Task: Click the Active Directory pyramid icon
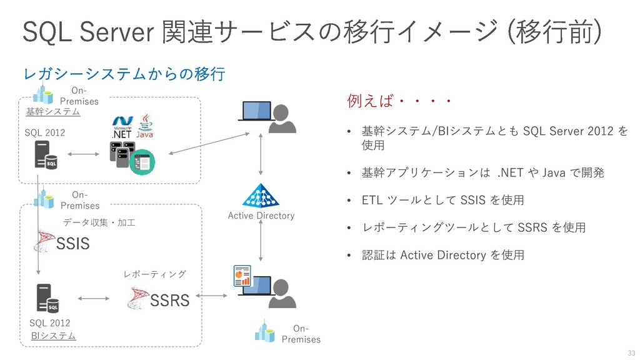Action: [x=261, y=196]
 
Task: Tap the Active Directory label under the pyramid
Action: [x=261, y=216]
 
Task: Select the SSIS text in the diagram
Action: [x=72, y=243]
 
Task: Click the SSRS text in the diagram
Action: [x=170, y=301]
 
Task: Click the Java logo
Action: [x=145, y=126]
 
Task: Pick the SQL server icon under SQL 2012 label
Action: [x=46, y=155]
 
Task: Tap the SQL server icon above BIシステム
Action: [x=47, y=298]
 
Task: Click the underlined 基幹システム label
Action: [x=53, y=111]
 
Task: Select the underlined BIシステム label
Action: [x=54, y=336]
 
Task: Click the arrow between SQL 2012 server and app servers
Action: [x=83, y=154]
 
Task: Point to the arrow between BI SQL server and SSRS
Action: [x=94, y=298]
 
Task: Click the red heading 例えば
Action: [x=370, y=101]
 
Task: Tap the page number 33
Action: [x=631, y=352]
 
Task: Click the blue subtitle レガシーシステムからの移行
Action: [x=124, y=74]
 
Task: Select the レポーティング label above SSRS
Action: [x=155, y=274]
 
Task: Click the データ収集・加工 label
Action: [x=99, y=222]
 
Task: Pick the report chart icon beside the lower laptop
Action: [x=242, y=276]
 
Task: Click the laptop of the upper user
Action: [x=256, y=111]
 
